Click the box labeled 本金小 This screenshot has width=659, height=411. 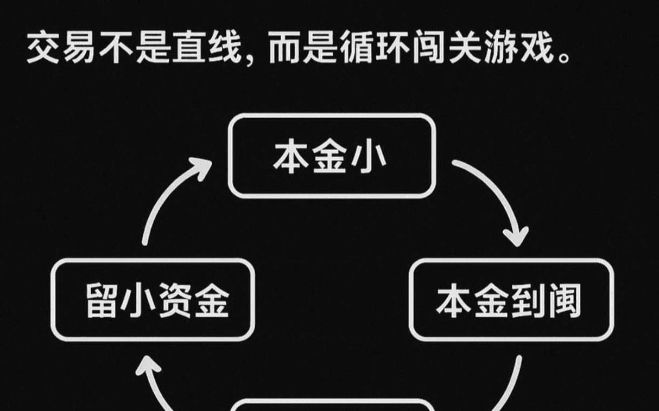[x=332, y=156]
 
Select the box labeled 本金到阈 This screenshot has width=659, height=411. [x=511, y=300]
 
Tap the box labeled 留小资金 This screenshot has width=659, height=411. [x=153, y=300]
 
